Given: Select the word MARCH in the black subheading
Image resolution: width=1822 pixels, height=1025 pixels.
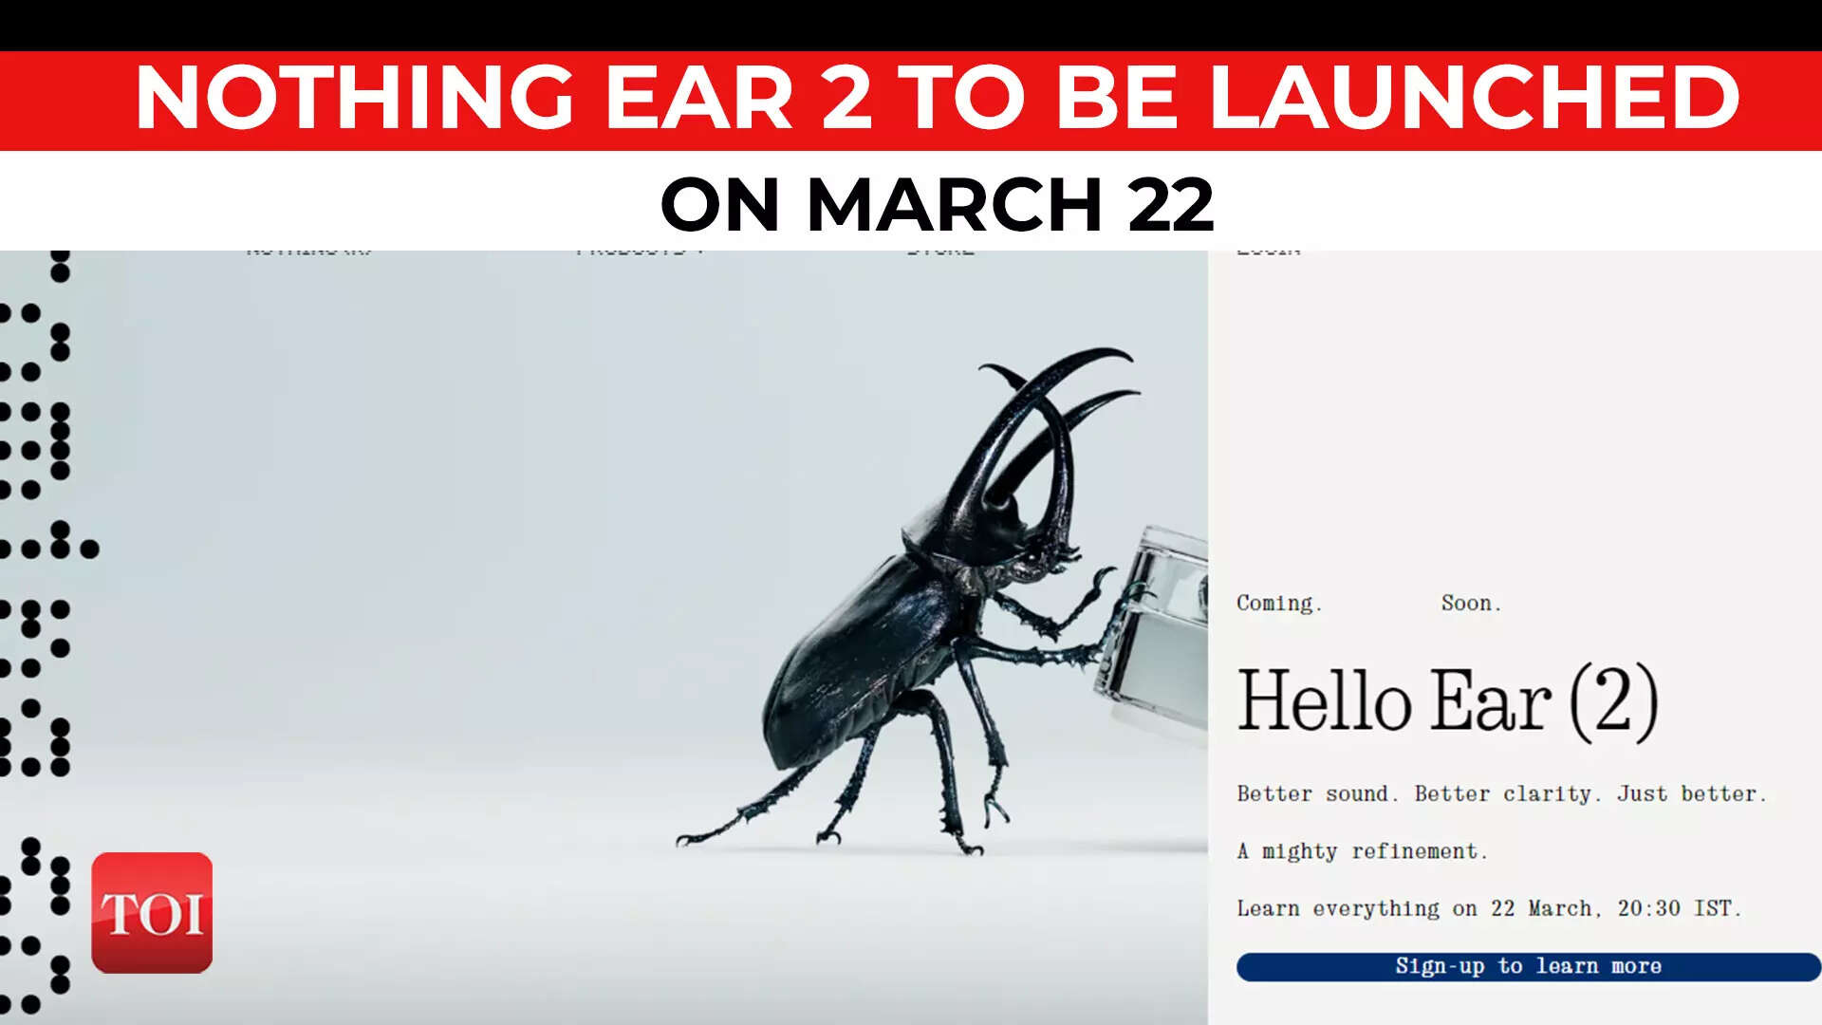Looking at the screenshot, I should pyautogui.click(x=954, y=204).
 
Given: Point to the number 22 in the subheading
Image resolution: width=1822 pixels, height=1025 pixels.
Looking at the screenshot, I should pyautogui.click(x=1170, y=204).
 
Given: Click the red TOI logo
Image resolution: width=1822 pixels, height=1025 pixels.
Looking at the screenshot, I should pyautogui.click(x=152, y=912).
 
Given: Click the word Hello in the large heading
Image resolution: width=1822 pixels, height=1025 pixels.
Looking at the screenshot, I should pyautogui.click(x=1325, y=702).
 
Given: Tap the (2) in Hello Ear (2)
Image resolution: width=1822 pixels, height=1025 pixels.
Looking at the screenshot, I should pyautogui.click(x=1613, y=702).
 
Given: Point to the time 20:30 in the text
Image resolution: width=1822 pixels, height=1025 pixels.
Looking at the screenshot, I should pyautogui.click(x=1648, y=908).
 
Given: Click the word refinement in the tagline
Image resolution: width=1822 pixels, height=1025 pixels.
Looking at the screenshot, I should pyautogui.click(x=1418, y=851).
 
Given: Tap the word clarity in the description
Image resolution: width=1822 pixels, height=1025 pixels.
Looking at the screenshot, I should pyautogui.click(x=1552, y=794).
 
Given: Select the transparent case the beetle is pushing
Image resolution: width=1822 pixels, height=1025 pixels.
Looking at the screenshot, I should pyautogui.click(x=1158, y=626).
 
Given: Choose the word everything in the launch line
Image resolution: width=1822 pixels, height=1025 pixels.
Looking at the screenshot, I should pyautogui.click(x=1376, y=909).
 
